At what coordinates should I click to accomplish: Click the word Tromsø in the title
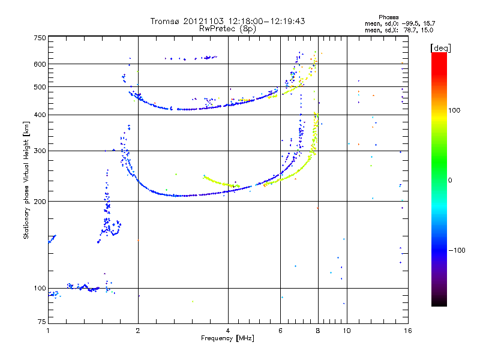(164, 21)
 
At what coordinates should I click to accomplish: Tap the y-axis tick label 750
(40, 38)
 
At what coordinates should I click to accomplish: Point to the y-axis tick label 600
(40, 64)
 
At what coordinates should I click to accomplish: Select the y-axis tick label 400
(40, 115)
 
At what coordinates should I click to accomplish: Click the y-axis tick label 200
(40, 201)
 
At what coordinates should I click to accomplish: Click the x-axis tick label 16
(407, 331)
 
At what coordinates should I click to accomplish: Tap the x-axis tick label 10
(346, 331)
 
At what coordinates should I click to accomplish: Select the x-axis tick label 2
(138, 331)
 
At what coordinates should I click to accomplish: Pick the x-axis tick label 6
(280, 331)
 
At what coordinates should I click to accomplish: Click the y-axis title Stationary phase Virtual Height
(26, 181)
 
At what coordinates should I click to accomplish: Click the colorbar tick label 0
(451, 180)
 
